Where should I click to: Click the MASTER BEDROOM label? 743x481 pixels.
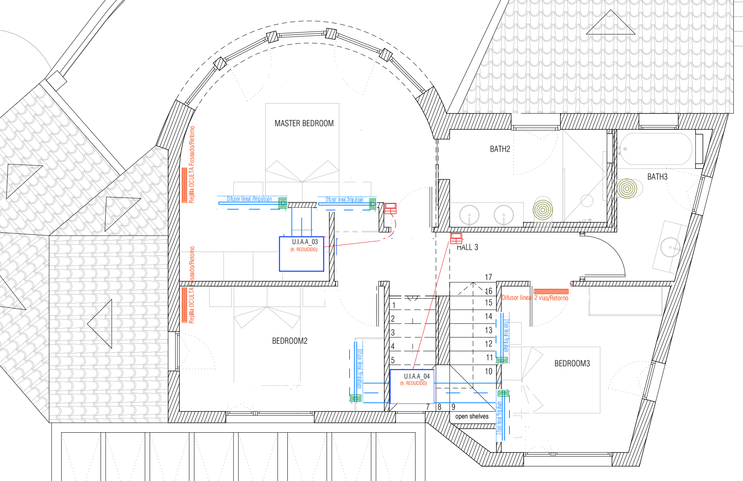[x=304, y=123]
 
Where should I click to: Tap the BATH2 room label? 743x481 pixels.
[x=500, y=149]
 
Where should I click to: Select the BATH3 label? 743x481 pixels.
[x=657, y=177]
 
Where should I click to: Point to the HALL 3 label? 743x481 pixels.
[x=467, y=247]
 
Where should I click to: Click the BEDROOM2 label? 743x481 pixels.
[x=290, y=341]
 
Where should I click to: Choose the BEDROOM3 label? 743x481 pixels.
[x=572, y=364]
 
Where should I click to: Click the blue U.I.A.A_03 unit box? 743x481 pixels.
[x=302, y=254]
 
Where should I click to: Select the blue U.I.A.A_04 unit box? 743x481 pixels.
[x=412, y=386]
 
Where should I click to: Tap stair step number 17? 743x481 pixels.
[x=488, y=277]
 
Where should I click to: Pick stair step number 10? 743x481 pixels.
[x=489, y=371]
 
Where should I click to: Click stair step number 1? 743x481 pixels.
[x=393, y=305]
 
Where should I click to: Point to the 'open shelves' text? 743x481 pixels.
[x=472, y=417]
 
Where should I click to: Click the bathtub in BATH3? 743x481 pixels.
[x=656, y=149]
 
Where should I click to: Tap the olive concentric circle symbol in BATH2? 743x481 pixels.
[x=543, y=210]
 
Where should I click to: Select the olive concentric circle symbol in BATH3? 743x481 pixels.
[x=627, y=188]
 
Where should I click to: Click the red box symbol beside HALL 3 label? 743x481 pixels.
[x=456, y=238]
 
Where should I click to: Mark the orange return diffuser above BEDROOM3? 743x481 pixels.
[x=551, y=292]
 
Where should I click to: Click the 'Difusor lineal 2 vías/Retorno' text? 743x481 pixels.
[x=535, y=298]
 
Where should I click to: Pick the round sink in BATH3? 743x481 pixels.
[x=670, y=248]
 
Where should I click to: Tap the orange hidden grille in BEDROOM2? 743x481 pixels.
[x=184, y=305]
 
